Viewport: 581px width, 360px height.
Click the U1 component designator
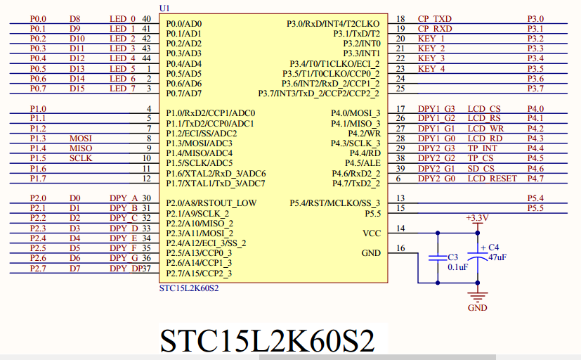(164, 8)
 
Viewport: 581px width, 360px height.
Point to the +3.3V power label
(477, 219)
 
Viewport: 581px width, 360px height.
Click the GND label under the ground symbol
(477, 307)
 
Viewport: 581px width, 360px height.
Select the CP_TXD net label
(435, 19)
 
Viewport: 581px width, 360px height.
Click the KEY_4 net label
(431, 69)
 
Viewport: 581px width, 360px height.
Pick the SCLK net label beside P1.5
(81, 158)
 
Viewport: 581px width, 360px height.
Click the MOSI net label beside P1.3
(81, 139)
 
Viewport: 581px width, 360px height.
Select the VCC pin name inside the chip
(371, 233)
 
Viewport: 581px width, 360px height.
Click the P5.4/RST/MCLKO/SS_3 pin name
(334, 203)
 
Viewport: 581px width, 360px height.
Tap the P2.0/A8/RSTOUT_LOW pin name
(211, 203)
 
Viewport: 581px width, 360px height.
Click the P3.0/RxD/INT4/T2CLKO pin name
(333, 24)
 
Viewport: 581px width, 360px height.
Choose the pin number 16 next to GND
(401, 248)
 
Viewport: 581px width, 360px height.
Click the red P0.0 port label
(38, 19)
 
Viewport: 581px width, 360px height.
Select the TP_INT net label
(483, 148)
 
